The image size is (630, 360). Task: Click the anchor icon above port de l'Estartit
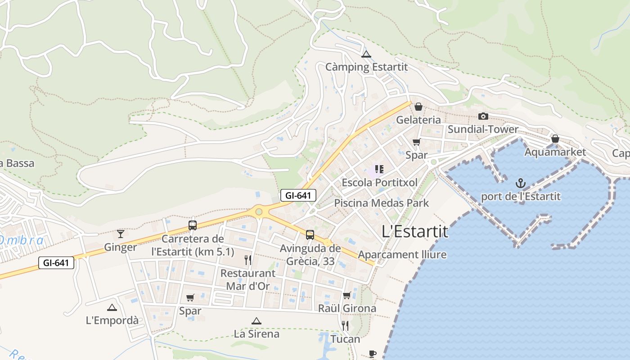[521, 183]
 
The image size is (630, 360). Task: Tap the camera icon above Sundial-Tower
[483, 117]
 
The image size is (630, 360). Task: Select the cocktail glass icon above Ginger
[121, 234]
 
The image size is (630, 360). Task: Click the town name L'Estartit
[415, 232]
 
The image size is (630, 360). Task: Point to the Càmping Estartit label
[366, 67]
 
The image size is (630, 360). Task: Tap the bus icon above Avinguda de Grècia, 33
[310, 234]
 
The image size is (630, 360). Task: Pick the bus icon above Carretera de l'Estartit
[193, 225]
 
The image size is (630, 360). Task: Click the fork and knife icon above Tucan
[345, 325]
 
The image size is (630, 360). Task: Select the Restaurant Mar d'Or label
[247, 279]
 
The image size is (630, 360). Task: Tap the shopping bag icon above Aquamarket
[555, 139]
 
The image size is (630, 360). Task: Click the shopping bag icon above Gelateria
[418, 107]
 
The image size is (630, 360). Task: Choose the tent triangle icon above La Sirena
[256, 321]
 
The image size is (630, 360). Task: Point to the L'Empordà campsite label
[112, 320]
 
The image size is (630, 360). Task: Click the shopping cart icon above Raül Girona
[346, 296]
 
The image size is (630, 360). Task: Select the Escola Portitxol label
[379, 183]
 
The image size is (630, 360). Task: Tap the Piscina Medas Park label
[381, 203]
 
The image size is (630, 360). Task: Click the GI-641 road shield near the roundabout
[298, 195]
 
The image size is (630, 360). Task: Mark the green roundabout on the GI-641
[259, 211]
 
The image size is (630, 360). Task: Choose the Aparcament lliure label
[402, 255]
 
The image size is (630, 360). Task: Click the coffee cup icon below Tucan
[372, 354]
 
